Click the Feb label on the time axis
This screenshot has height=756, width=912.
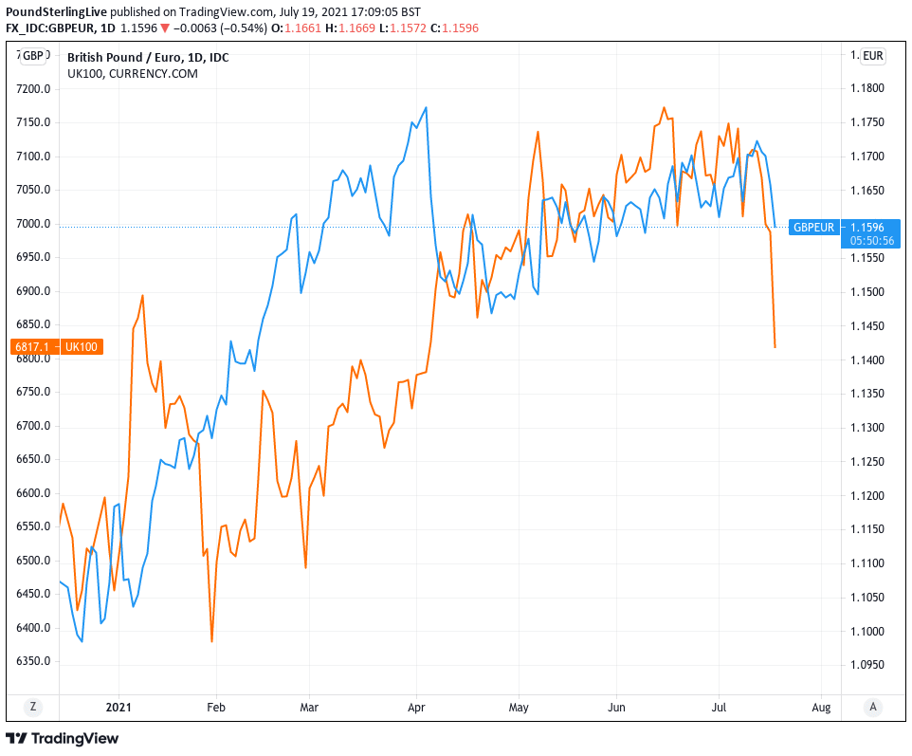(217, 707)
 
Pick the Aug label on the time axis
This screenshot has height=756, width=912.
(822, 707)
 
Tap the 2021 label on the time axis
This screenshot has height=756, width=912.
(119, 707)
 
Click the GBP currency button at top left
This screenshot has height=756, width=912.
(33, 56)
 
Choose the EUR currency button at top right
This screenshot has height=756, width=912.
(873, 56)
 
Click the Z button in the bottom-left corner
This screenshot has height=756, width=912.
(33, 707)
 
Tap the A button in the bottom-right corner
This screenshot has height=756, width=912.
(873, 707)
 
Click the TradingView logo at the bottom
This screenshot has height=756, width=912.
(63, 738)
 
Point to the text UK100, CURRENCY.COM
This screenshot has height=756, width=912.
(133, 73)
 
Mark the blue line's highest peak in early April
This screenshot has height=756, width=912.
(427, 107)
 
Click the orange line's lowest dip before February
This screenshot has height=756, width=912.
(211, 642)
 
